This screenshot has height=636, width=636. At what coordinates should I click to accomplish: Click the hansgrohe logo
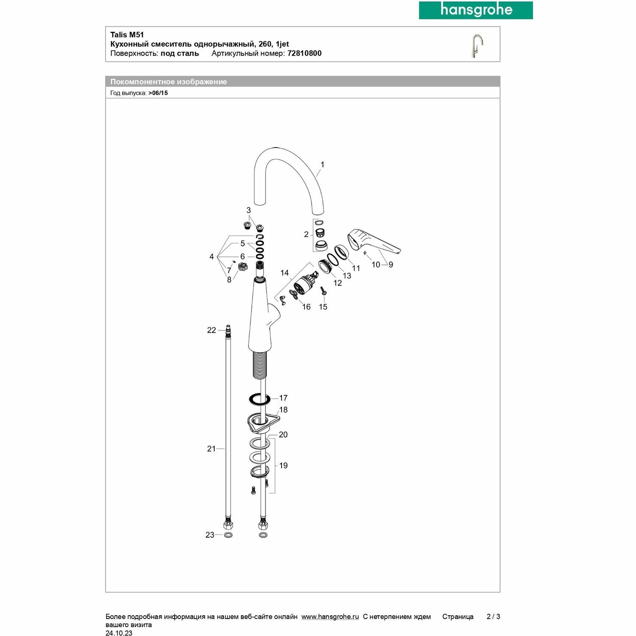pyautogui.click(x=476, y=10)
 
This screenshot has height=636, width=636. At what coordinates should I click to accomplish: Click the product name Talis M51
pyautogui.click(x=127, y=35)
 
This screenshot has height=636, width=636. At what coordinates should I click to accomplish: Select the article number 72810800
pyautogui.click(x=304, y=53)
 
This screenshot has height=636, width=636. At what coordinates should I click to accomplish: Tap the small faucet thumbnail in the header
pyautogui.click(x=477, y=45)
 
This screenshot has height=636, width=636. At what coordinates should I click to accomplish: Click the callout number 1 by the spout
pyautogui.click(x=322, y=165)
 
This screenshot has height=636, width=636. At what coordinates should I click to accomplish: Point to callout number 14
pyautogui.click(x=285, y=273)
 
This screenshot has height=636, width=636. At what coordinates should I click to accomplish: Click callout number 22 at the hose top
pyautogui.click(x=212, y=330)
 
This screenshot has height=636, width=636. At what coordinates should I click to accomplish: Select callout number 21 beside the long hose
pyautogui.click(x=212, y=449)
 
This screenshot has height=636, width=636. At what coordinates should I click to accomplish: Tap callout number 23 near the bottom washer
pyautogui.click(x=210, y=535)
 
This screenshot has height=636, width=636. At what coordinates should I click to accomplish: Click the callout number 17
pyautogui.click(x=283, y=398)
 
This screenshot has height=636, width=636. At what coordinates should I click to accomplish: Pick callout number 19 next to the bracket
pyautogui.click(x=283, y=466)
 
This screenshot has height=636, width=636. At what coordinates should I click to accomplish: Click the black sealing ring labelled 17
pyautogui.click(x=259, y=399)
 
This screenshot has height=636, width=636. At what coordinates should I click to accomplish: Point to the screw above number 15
pyautogui.click(x=323, y=291)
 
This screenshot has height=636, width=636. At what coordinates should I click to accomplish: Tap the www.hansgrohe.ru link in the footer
pyautogui.click(x=330, y=617)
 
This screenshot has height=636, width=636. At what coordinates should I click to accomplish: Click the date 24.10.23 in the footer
pyautogui.click(x=119, y=633)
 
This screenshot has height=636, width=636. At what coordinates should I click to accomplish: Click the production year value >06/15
pyautogui.click(x=158, y=93)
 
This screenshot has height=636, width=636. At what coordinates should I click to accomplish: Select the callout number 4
pyautogui.click(x=212, y=257)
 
